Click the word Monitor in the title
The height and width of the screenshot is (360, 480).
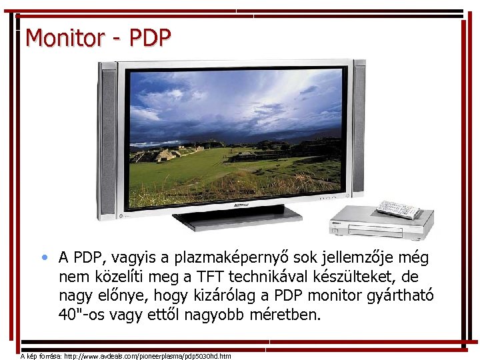point(64,37)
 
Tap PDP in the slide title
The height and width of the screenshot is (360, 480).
point(150,37)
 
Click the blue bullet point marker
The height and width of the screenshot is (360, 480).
point(44,257)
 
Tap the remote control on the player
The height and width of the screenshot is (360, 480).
point(399,209)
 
